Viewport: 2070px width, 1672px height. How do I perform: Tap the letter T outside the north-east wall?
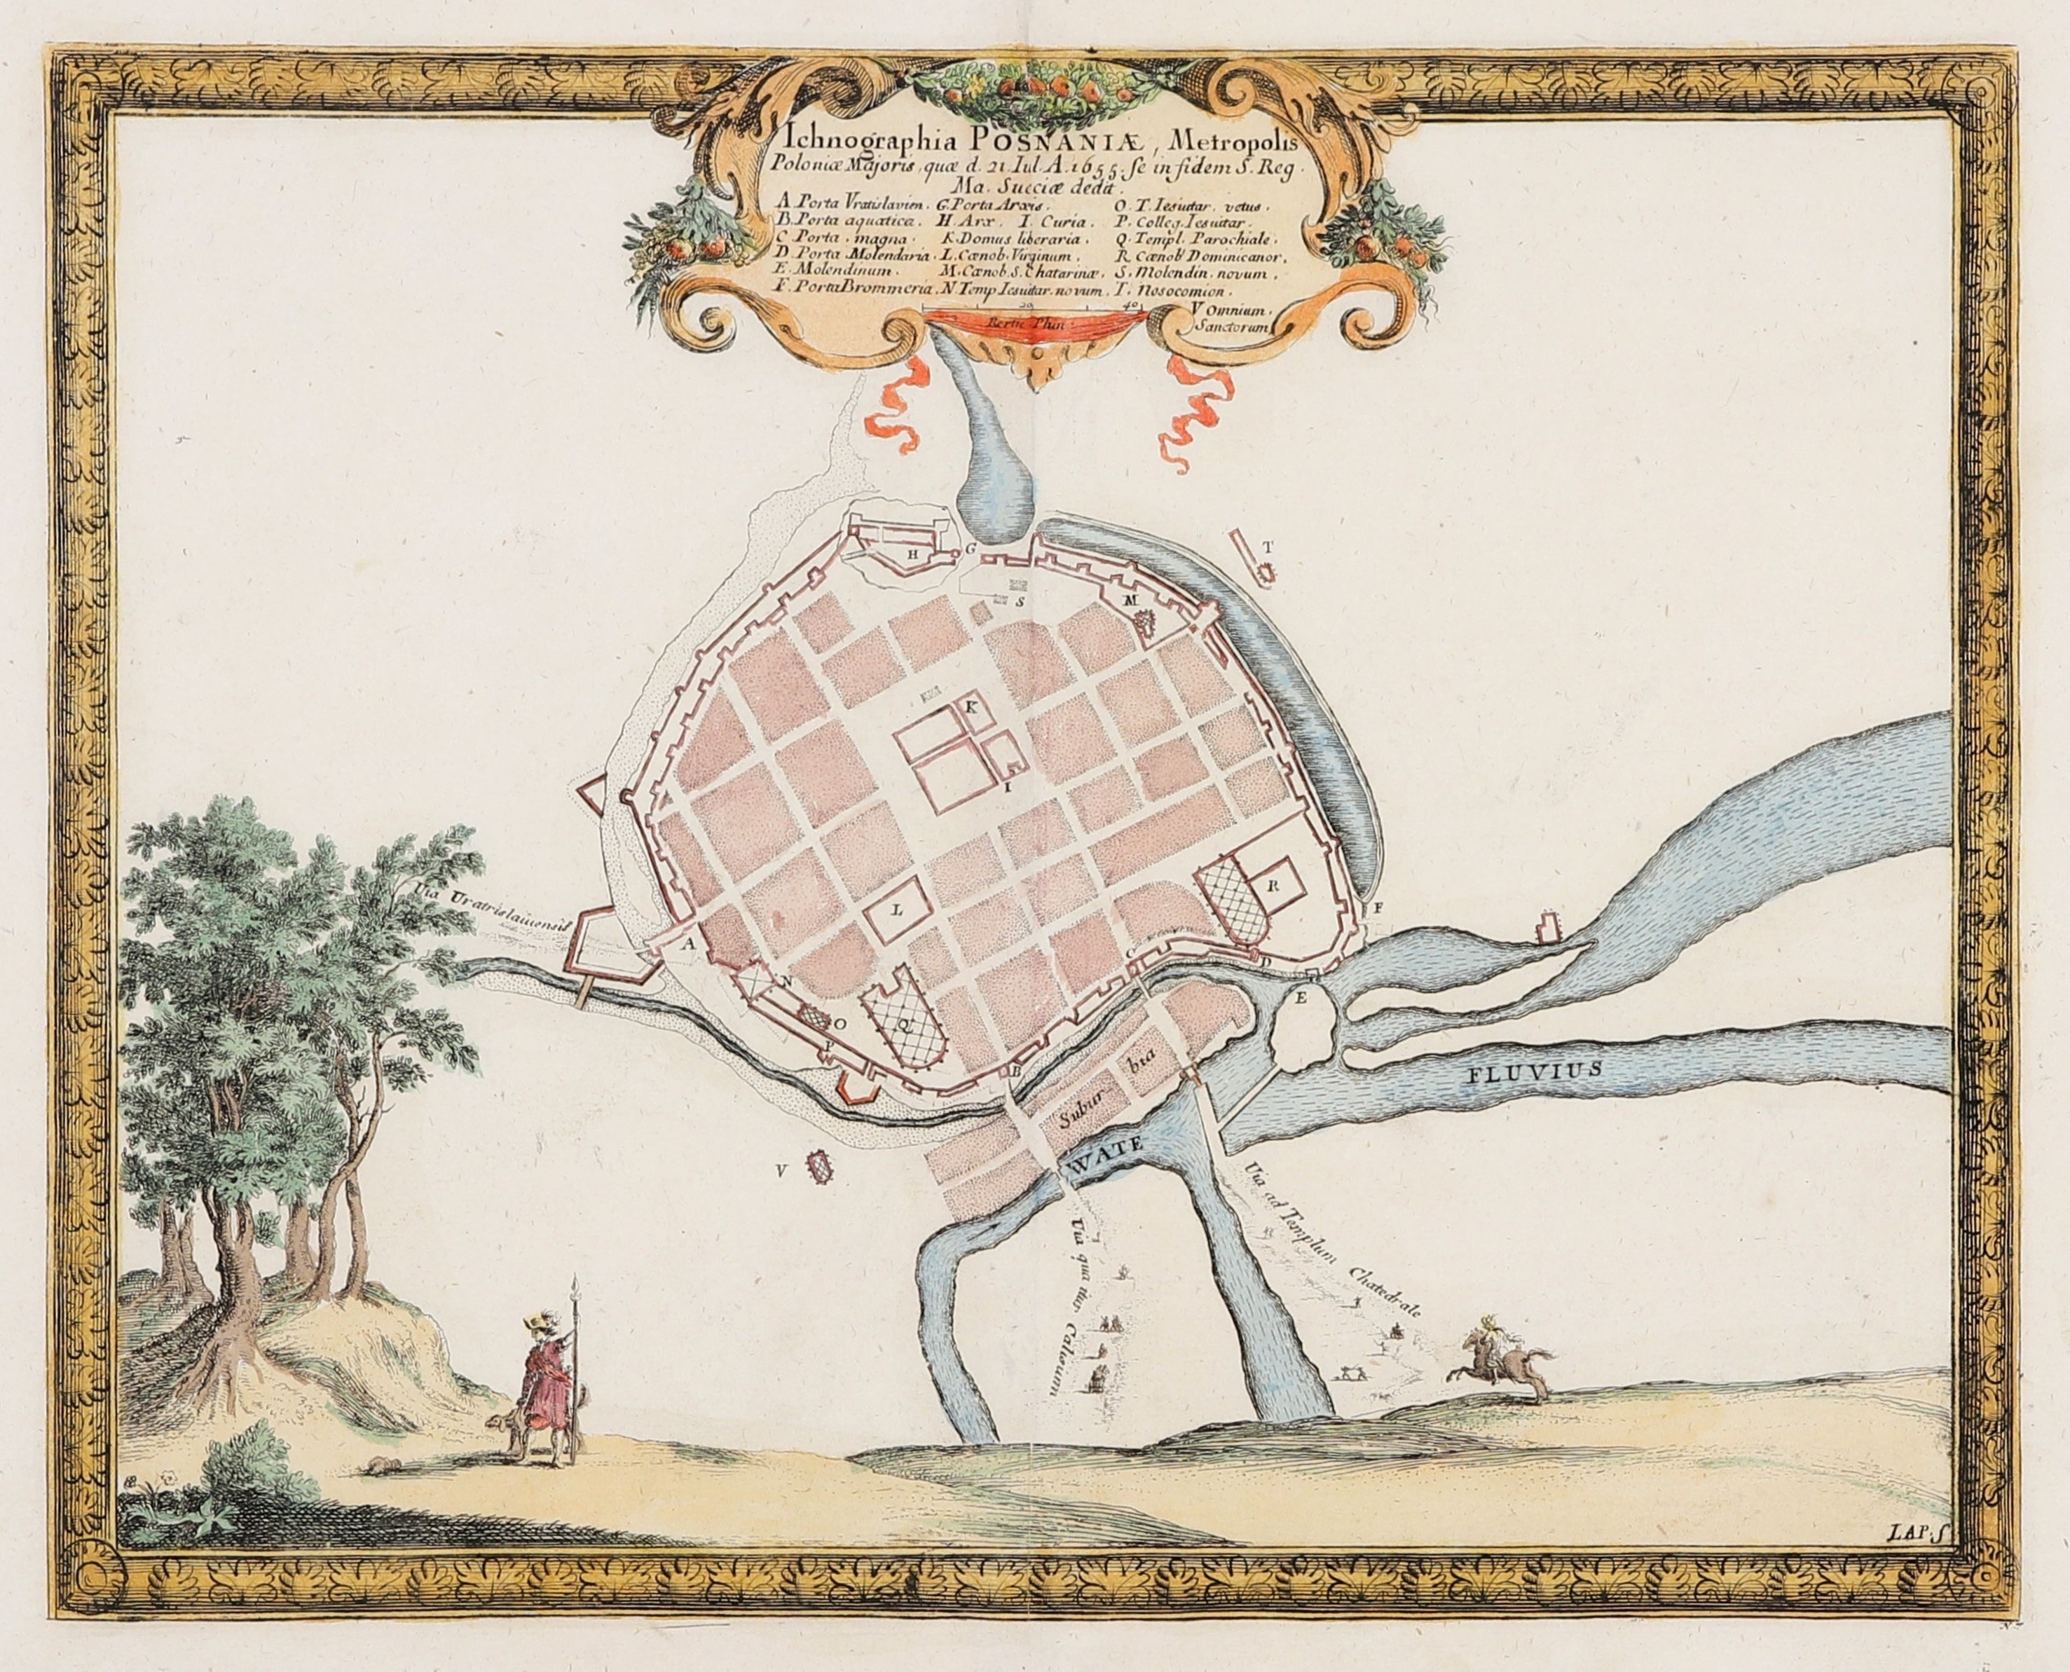click(x=1268, y=546)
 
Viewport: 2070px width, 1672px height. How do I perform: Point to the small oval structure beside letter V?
click(x=821, y=1170)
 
